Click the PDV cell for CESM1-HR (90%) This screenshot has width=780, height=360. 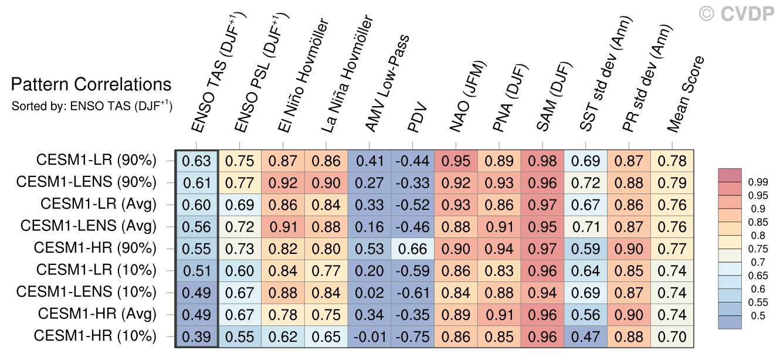click(x=413, y=248)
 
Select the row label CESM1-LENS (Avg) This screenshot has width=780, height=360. click(x=89, y=226)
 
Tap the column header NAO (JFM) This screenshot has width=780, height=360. click(x=468, y=96)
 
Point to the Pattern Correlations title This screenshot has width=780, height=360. click(x=91, y=85)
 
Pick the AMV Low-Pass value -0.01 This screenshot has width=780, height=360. click(x=369, y=337)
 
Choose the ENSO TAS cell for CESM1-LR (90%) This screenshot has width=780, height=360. click(x=196, y=160)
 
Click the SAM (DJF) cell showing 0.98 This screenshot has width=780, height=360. click(x=542, y=160)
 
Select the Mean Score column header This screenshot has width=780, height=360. click(x=686, y=94)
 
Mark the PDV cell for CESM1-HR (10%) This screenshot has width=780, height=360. click(x=413, y=337)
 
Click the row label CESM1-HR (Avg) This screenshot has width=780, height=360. click(x=97, y=314)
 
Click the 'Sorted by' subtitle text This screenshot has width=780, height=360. click(x=91, y=107)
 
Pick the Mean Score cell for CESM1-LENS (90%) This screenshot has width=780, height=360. click(x=672, y=182)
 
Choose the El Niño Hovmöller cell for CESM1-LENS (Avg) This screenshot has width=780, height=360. click(x=283, y=226)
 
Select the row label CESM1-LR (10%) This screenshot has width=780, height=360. click(x=96, y=270)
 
